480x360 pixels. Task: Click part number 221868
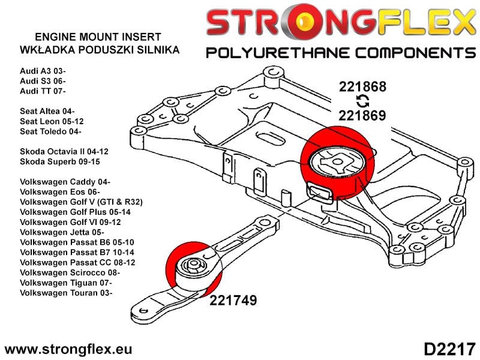[x=362, y=86]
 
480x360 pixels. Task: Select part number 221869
[x=362, y=115]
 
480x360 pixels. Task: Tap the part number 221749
[x=233, y=300]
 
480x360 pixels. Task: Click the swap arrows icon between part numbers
[x=362, y=100]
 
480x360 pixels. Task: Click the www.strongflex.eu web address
[x=68, y=349]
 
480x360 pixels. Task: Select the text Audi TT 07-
[x=43, y=91]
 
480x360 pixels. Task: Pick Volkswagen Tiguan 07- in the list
[x=66, y=283]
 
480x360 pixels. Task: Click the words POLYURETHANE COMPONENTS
[x=340, y=52]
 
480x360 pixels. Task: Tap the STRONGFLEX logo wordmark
[x=340, y=23]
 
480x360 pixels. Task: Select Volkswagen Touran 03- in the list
[x=66, y=293]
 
